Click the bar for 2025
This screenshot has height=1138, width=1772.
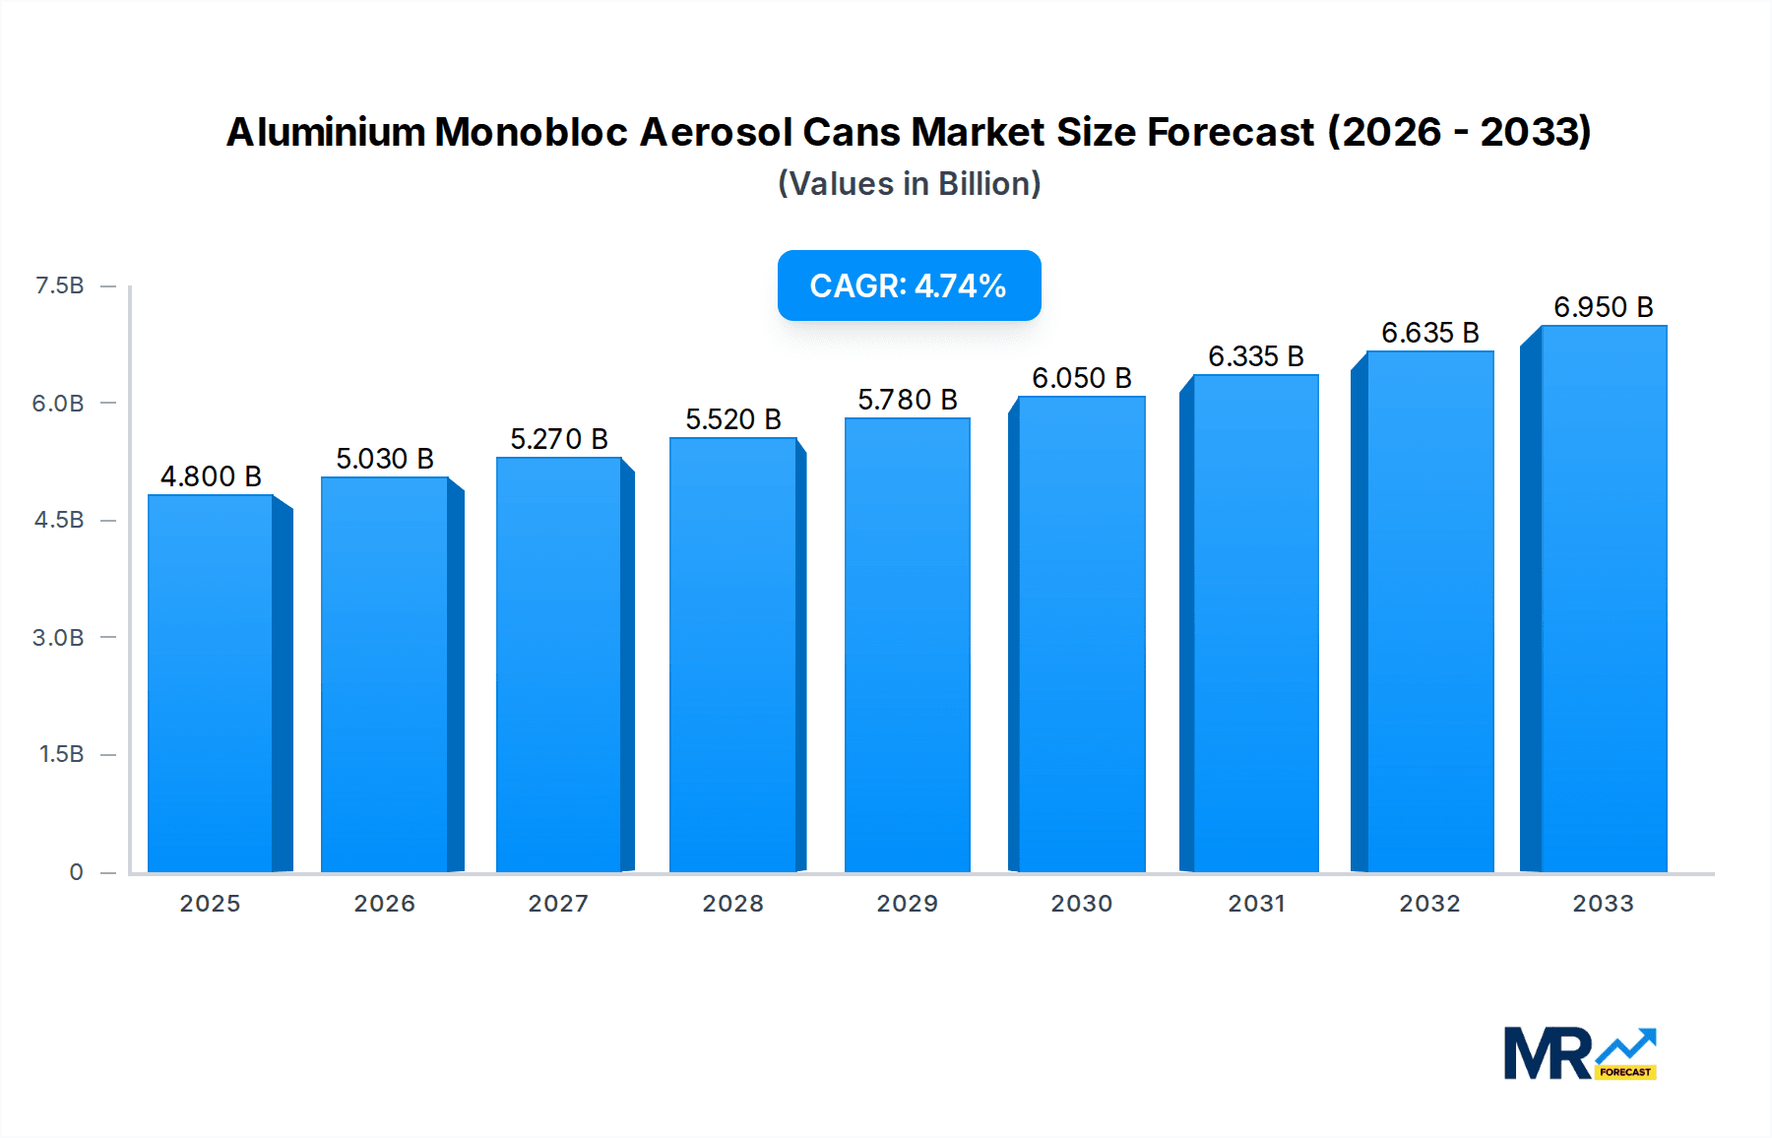[x=211, y=683]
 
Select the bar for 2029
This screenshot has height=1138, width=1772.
[x=908, y=645]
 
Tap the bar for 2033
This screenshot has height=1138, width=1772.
[x=1604, y=599]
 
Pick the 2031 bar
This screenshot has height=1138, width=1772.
[x=1256, y=623]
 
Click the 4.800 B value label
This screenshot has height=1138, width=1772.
[x=211, y=476]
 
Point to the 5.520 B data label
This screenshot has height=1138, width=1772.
[x=733, y=419]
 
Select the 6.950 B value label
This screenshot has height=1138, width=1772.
[x=1604, y=307]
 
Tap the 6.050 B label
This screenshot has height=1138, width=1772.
[x=1082, y=378]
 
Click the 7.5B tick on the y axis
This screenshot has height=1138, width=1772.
[x=59, y=285]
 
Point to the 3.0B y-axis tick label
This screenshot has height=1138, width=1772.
[x=58, y=638]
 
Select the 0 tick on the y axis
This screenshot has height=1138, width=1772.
[x=76, y=872]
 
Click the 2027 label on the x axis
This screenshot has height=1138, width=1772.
[x=558, y=904]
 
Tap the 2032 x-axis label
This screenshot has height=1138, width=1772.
[x=1429, y=904]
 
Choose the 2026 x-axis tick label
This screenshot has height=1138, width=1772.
[x=384, y=904]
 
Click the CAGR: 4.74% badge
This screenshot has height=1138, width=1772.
[x=909, y=285]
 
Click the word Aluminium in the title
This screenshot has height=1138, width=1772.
[x=326, y=132]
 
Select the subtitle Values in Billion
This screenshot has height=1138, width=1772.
[x=909, y=184]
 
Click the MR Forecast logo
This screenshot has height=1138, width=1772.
[x=1579, y=1054]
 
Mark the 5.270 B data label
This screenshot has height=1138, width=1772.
[x=559, y=439]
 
